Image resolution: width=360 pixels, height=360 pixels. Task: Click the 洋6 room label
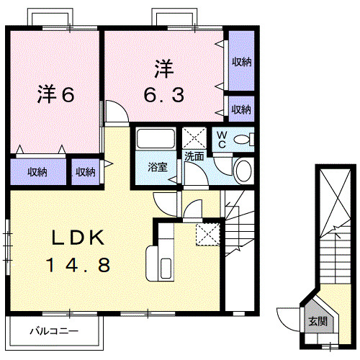tap(55, 94)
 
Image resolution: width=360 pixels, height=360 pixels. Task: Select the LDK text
tap(78, 237)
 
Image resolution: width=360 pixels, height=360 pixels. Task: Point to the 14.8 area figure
tap(79, 266)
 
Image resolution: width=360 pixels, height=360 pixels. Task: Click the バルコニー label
tap(54, 332)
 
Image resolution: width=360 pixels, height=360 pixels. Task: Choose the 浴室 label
tap(158, 167)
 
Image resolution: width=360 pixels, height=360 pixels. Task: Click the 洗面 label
tap(194, 156)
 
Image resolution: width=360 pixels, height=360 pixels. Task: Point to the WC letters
tap(221, 138)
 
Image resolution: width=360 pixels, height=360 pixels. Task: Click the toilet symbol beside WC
tap(244, 139)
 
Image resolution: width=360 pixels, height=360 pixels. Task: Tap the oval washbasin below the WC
tap(243, 171)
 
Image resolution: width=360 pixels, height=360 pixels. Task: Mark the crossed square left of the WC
tap(194, 138)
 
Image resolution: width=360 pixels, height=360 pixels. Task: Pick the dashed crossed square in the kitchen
tap(207, 233)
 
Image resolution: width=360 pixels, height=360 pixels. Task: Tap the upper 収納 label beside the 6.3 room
tap(241, 61)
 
